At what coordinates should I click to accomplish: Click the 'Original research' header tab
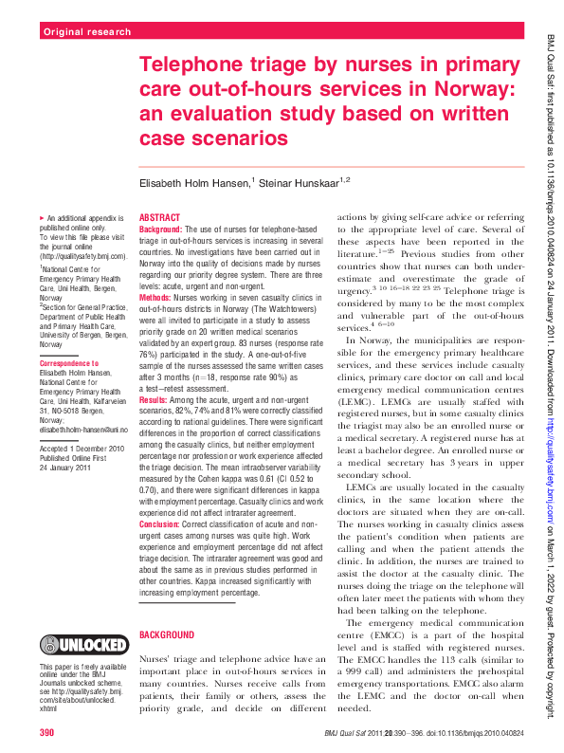click(x=87, y=32)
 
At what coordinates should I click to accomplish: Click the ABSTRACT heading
click(x=159, y=217)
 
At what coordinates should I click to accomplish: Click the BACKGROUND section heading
click(x=167, y=633)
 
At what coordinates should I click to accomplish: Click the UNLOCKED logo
click(x=83, y=645)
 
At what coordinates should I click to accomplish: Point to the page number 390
click(x=47, y=733)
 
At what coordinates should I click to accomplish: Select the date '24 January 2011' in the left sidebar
click(x=65, y=468)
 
